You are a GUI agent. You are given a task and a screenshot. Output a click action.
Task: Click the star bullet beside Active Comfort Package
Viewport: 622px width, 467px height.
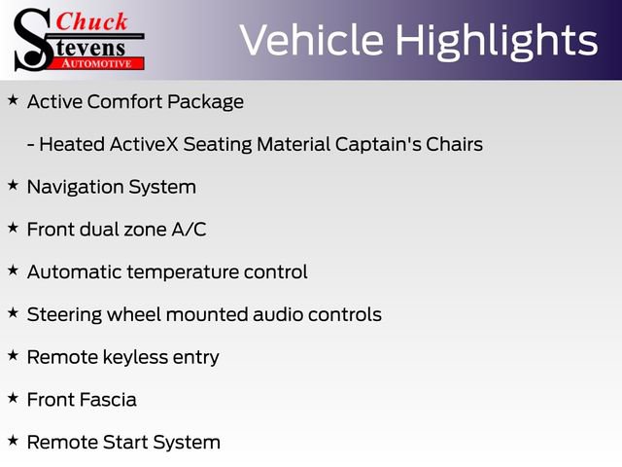pyautogui.click(x=13, y=100)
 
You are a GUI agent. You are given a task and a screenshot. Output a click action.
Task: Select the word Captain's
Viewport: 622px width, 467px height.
pyautogui.click(x=378, y=144)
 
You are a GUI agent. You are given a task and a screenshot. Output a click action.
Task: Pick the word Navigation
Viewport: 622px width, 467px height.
pyautogui.click(x=75, y=187)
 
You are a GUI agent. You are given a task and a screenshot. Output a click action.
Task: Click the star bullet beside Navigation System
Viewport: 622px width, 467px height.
pyautogui.click(x=13, y=185)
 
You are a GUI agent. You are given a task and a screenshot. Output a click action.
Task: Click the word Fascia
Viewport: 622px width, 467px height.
pyautogui.click(x=109, y=400)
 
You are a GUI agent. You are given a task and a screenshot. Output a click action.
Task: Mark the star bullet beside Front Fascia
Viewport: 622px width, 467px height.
pyautogui.click(x=13, y=398)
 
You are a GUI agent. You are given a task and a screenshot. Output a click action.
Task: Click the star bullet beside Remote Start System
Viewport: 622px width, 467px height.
pyautogui.click(x=13, y=441)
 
